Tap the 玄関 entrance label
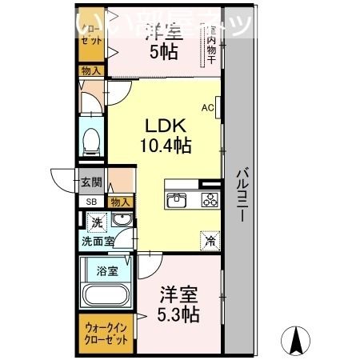pos(90,182)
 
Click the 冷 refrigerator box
pos(209,238)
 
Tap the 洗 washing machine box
pos(97,222)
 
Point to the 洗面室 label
pos(96,239)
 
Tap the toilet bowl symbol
pos(93,141)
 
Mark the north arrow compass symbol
pos(297,341)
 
